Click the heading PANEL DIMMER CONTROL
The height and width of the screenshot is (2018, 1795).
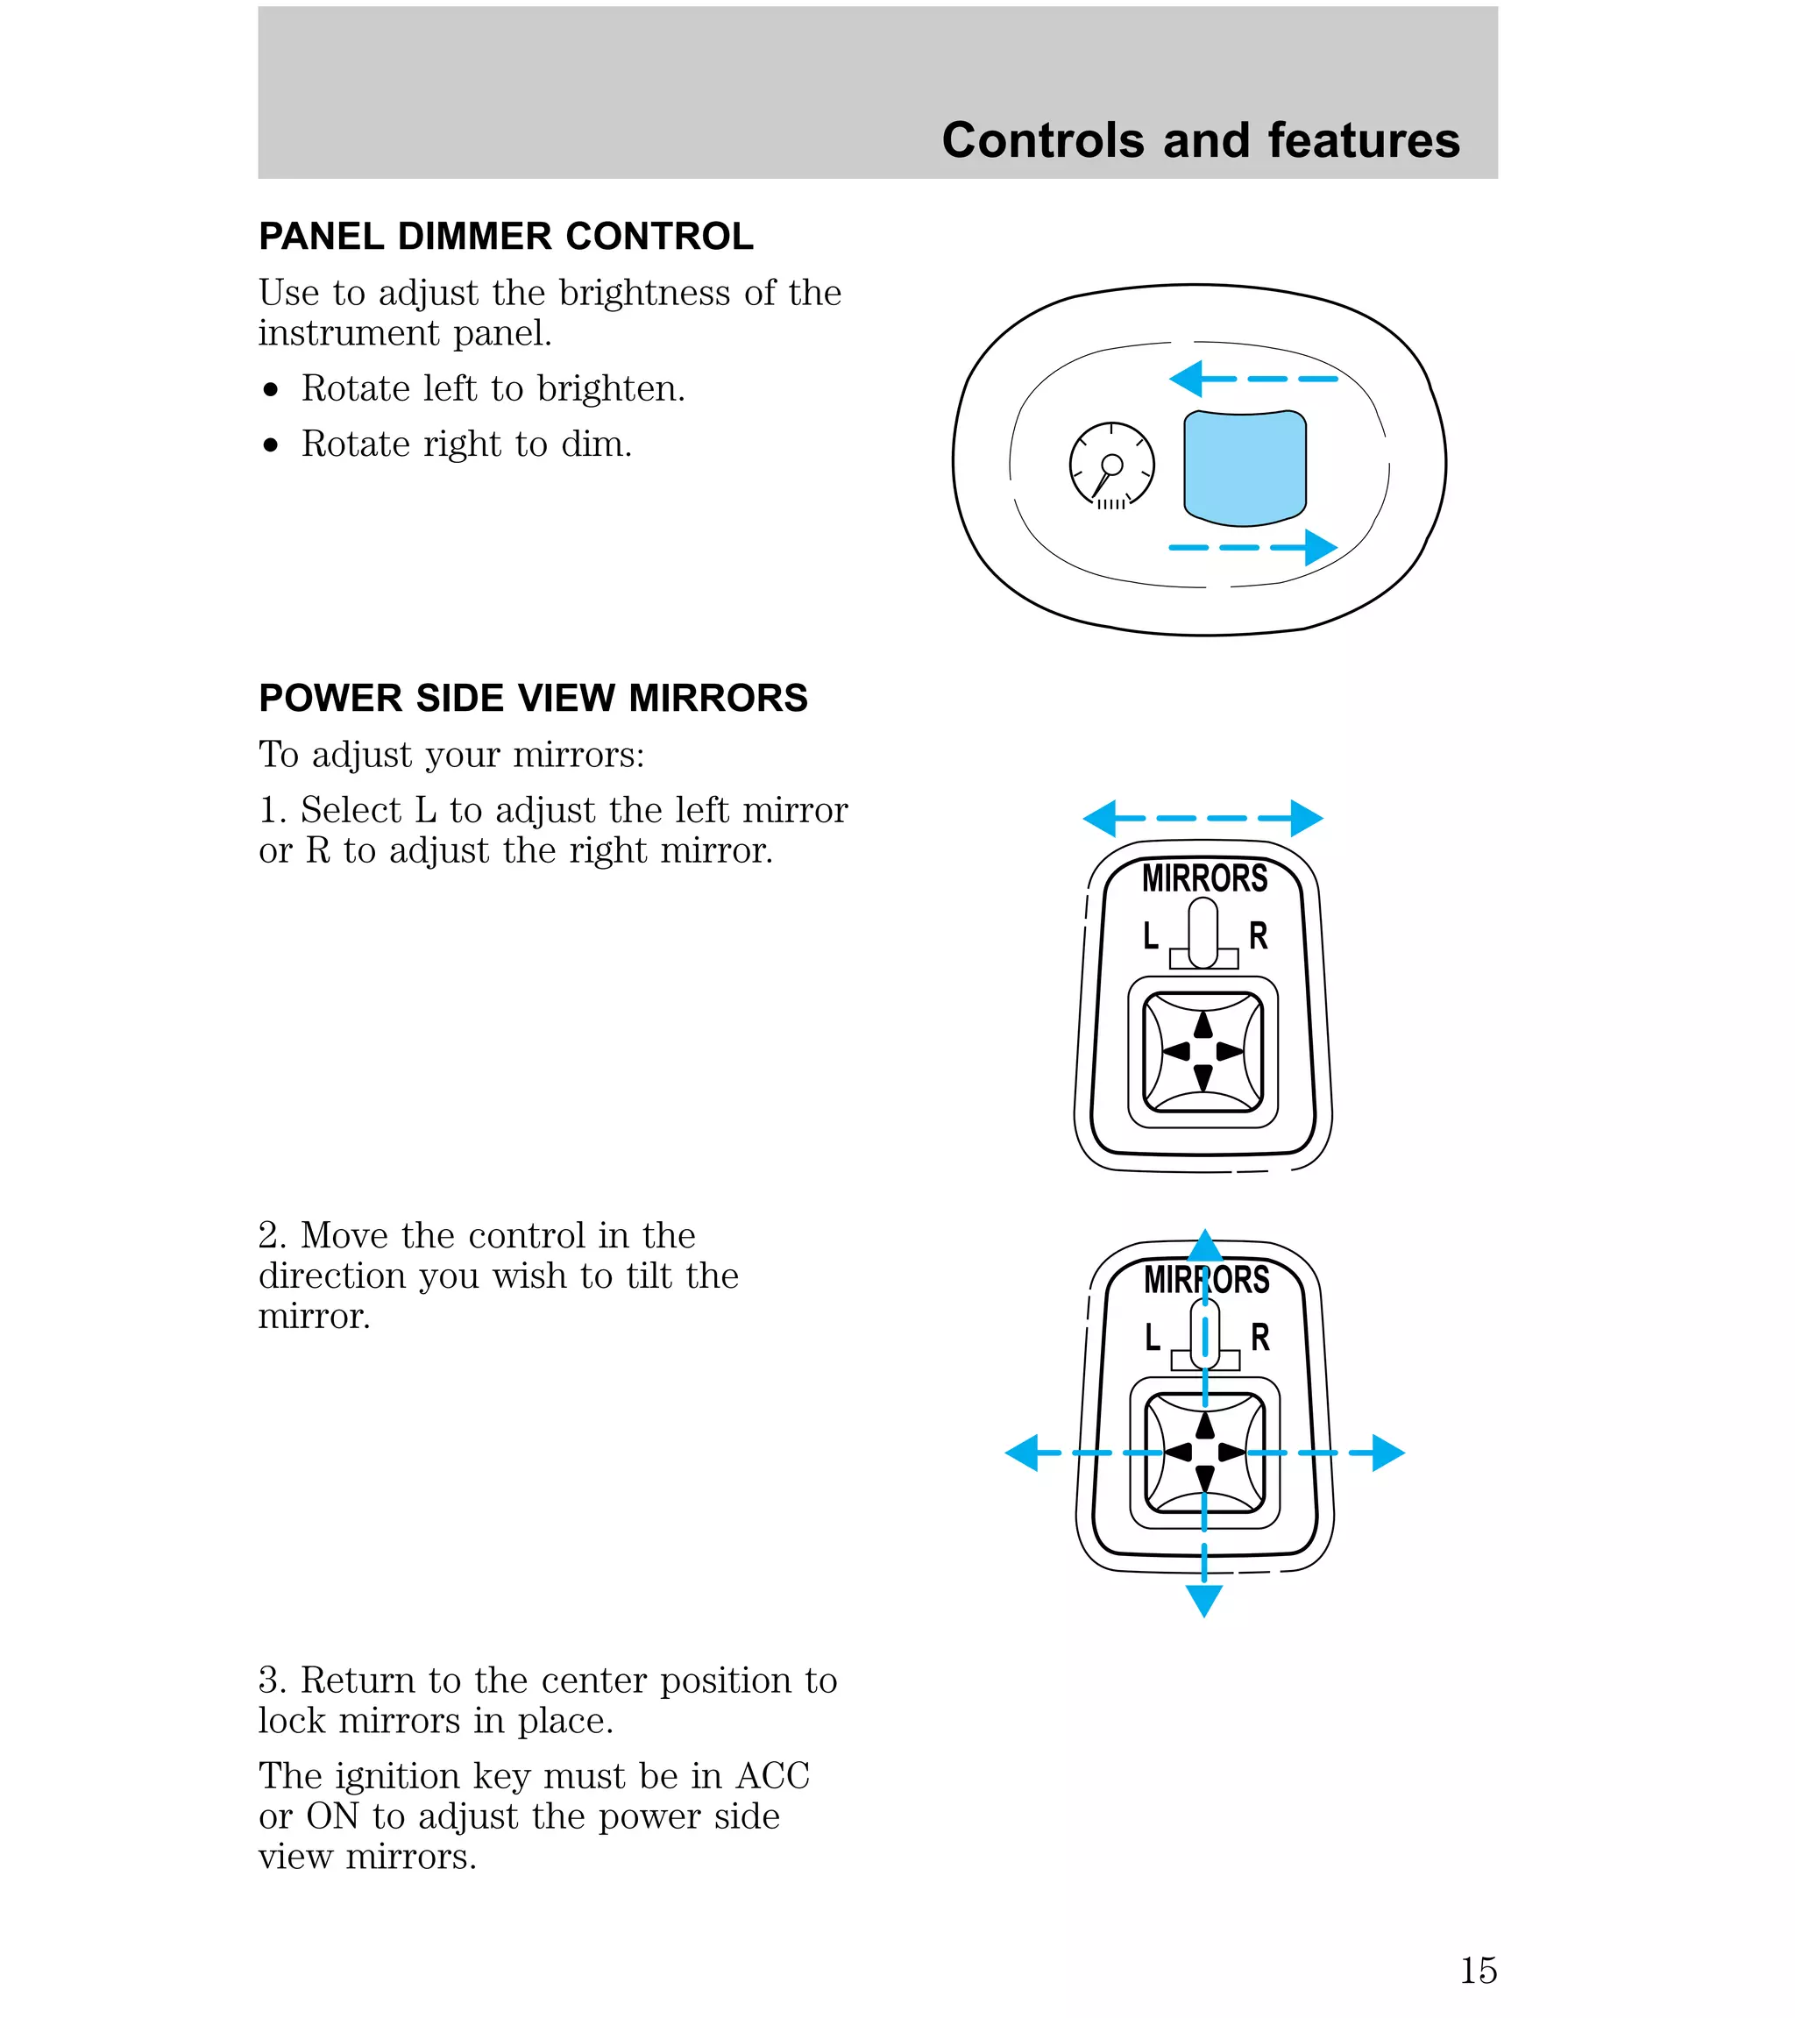click(506, 237)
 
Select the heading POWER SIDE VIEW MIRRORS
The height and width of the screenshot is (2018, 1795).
click(533, 698)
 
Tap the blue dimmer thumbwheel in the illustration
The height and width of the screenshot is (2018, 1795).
click(1245, 468)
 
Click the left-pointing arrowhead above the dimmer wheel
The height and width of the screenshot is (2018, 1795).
click(1185, 379)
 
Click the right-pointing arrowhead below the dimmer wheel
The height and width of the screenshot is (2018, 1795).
click(1321, 547)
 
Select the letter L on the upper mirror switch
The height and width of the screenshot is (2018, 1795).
click(1150, 935)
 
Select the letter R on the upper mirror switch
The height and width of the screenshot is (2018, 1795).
click(1258, 935)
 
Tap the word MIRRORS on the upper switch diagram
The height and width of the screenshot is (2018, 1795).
click(1204, 878)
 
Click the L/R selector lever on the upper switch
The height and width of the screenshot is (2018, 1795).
click(1203, 932)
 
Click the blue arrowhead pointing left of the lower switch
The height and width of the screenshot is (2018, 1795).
click(1021, 1453)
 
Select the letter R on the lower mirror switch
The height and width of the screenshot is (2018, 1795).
click(1259, 1337)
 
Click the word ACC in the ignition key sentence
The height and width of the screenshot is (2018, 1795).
click(772, 1776)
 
